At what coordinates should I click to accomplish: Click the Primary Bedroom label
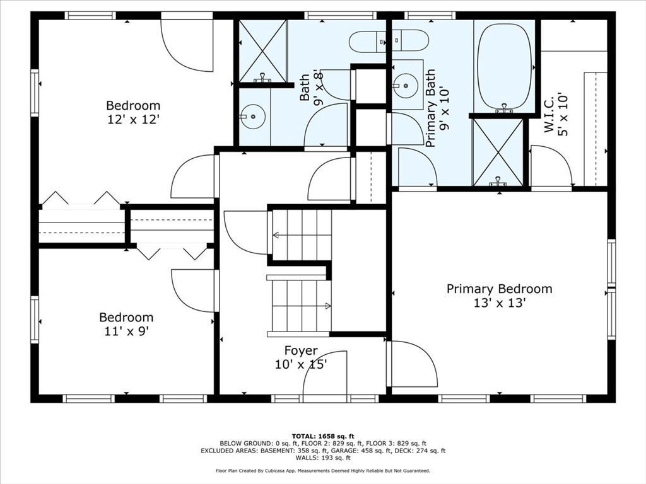click(x=500, y=289)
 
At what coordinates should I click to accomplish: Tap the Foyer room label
click(x=301, y=350)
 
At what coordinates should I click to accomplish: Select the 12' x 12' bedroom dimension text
click(x=133, y=120)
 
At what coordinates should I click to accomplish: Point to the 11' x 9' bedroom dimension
click(x=126, y=331)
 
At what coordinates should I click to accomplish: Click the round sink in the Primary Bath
click(x=406, y=86)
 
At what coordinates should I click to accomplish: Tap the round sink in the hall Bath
click(x=253, y=117)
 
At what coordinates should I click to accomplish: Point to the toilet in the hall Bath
click(x=368, y=42)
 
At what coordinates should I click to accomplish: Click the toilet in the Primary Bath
click(x=410, y=40)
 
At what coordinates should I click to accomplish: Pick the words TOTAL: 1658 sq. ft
click(x=323, y=436)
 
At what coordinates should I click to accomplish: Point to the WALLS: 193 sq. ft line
click(x=323, y=458)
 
